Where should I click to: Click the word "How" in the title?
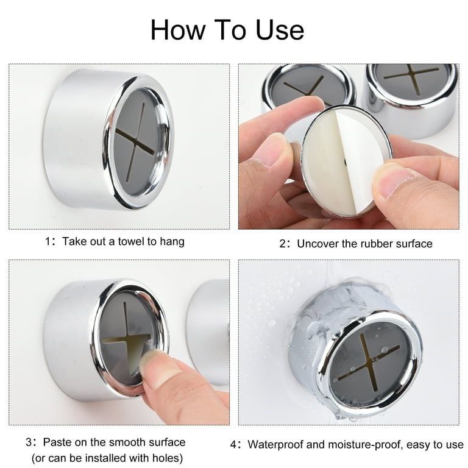[178, 30]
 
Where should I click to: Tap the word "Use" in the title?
[280, 30]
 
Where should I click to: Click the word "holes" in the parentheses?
[165, 458]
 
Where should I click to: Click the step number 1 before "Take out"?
[48, 241]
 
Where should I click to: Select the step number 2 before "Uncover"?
[283, 244]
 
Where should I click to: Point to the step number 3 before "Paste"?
[29, 442]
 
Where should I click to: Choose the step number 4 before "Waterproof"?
[234, 444]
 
